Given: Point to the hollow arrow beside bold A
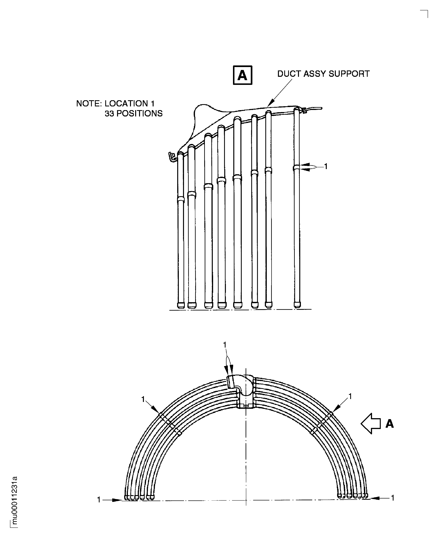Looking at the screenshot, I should coord(371,424).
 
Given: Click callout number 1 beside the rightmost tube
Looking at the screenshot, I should coord(326,166).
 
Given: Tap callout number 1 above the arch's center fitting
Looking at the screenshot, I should coord(225,345).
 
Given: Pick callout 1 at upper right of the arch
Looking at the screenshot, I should coord(350,396).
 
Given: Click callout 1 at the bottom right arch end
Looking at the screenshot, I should coord(393,498).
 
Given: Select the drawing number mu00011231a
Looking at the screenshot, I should coord(15,500).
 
